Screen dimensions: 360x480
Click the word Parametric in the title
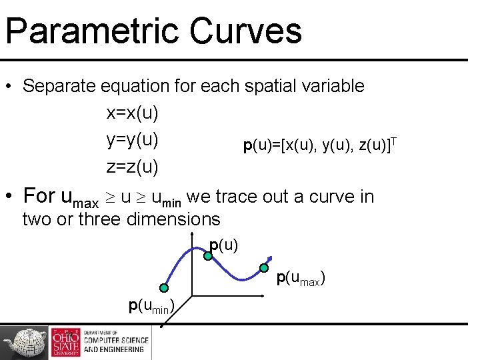click(x=91, y=32)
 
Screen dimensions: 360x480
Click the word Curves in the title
click(x=246, y=32)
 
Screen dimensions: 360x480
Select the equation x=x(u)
click(x=132, y=113)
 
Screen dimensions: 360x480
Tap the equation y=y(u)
click(x=132, y=140)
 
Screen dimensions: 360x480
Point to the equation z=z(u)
click(x=132, y=167)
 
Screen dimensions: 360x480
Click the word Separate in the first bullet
click(x=59, y=86)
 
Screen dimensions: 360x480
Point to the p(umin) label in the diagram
click(x=151, y=306)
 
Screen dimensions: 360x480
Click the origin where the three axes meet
click(x=193, y=295)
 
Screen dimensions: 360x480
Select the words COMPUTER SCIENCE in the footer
click(x=114, y=341)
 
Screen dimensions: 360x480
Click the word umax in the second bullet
click(x=79, y=198)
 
